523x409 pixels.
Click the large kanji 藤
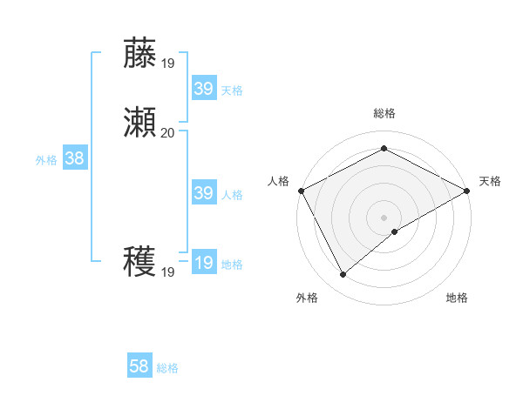click(140, 53)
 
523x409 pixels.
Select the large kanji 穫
click(140, 262)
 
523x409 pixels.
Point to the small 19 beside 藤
click(167, 63)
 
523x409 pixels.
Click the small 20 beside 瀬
click(167, 132)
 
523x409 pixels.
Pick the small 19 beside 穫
click(167, 272)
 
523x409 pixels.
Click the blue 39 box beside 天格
click(203, 89)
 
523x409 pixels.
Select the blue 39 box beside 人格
click(203, 193)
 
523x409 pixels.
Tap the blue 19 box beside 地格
click(203, 263)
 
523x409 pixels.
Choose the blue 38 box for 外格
click(74, 158)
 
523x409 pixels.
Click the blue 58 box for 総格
click(139, 366)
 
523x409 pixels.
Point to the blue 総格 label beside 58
click(167, 368)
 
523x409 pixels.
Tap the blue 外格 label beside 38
click(46, 160)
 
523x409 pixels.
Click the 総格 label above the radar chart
click(384, 113)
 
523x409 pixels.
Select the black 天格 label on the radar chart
click(490, 181)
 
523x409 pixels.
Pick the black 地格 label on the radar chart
click(457, 298)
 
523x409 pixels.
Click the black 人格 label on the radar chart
click(279, 181)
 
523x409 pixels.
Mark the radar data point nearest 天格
click(467, 191)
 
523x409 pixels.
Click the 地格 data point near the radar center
click(395, 231)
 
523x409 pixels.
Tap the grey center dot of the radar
click(384, 218)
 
